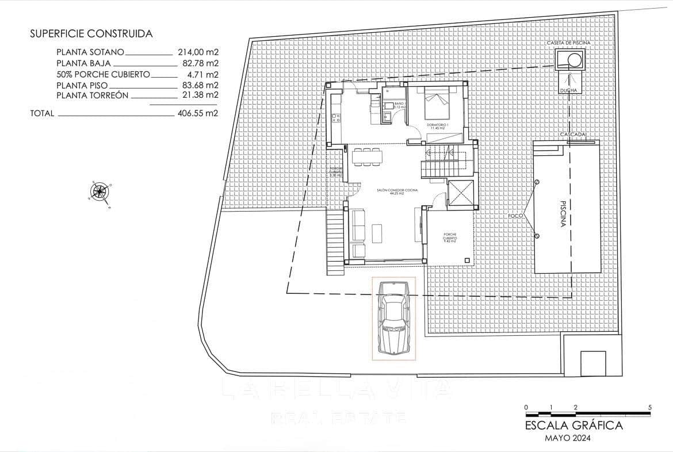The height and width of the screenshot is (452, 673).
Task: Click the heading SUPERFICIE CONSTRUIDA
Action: coord(91,34)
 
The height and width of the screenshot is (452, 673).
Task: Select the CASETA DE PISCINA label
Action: coord(569,43)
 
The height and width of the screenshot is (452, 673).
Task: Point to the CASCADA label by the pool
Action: coord(573,135)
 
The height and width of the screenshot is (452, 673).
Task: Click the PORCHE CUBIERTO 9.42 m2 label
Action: coord(450,238)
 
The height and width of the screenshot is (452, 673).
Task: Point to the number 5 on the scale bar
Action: coord(649,407)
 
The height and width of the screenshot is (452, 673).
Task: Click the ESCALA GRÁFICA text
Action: coord(573,426)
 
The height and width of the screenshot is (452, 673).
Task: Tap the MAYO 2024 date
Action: coord(567,438)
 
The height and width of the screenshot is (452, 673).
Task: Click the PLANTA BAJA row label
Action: coord(83,63)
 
